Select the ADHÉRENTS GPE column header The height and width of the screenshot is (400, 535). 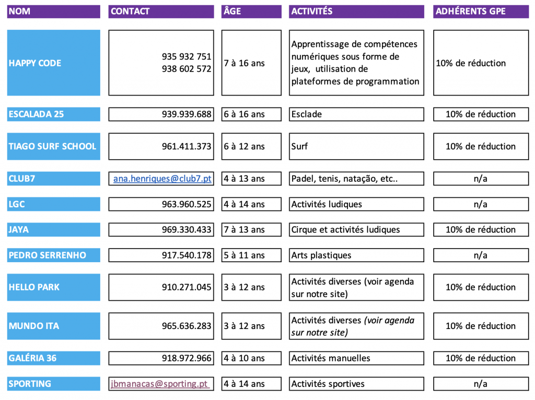coord(480,11)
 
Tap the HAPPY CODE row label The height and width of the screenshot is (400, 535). coord(53,63)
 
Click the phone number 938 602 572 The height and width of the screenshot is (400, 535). coord(187,69)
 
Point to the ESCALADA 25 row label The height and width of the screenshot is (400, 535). coord(53,114)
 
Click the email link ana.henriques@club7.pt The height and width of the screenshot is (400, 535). coord(162,179)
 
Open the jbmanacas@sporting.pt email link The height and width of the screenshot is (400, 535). coord(160,384)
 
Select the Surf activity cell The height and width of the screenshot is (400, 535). coord(356,147)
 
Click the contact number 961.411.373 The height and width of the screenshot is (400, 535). coord(187,147)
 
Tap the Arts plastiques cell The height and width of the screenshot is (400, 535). coord(356,255)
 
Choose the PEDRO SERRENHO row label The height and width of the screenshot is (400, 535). coord(53,255)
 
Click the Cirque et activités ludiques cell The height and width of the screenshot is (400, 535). coord(356,230)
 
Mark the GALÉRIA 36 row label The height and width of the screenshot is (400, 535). coord(53,358)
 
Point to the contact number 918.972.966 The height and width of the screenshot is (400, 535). coord(187,358)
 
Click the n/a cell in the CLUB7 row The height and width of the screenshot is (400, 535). coord(480,179)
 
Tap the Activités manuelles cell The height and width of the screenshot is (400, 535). coord(356,358)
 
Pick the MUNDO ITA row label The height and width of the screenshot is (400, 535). coord(53,326)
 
